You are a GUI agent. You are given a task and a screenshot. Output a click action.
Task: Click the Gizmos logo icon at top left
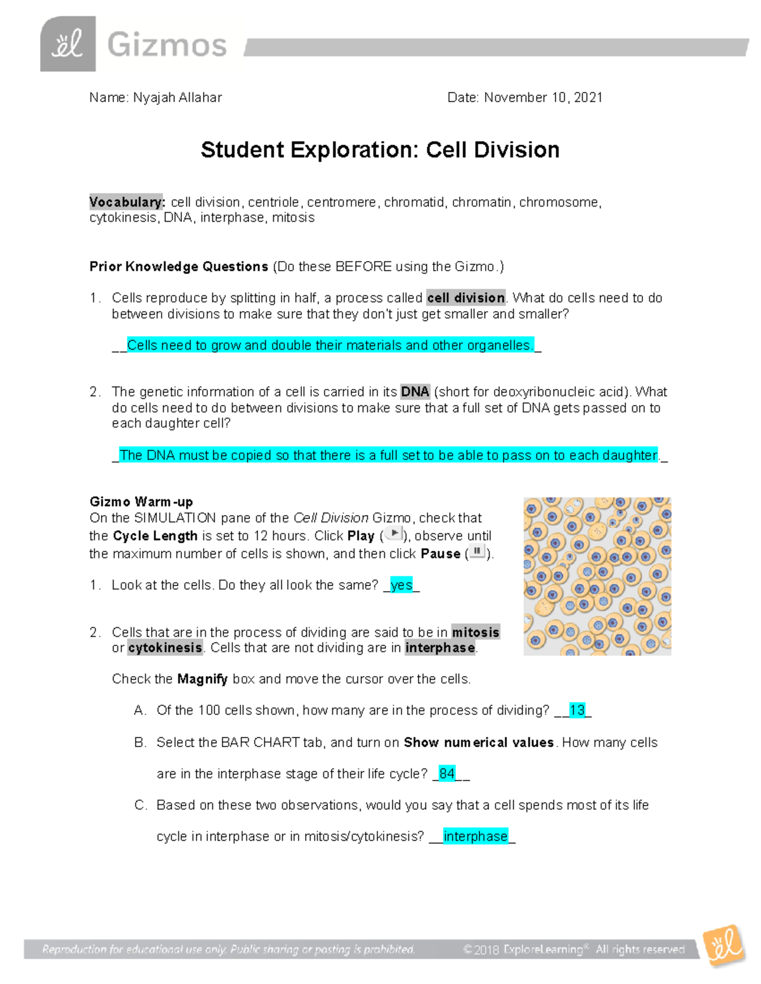click(68, 44)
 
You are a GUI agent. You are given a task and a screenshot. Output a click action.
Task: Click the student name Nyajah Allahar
click(177, 98)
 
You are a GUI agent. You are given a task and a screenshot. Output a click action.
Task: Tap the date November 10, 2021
click(543, 98)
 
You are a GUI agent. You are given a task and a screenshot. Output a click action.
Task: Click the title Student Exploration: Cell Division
click(380, 150)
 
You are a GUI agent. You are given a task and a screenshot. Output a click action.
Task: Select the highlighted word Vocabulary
click(127, 202)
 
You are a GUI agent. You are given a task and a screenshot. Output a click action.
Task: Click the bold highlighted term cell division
click(465, 298)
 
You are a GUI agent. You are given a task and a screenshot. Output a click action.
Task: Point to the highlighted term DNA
click(415, 392)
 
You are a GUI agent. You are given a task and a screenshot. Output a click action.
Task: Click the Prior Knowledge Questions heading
click(179, 267)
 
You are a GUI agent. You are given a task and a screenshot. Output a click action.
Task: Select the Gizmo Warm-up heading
click(141, 502)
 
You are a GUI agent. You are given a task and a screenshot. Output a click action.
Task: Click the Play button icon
click(394, 534)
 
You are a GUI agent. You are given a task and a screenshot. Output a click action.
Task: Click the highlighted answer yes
click(401, 585)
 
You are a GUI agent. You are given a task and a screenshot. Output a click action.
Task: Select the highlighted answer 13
click(577, 710)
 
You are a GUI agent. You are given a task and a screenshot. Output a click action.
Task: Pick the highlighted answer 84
click(447, 774)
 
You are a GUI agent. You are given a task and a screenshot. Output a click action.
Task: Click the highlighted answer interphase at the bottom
click(476, 836)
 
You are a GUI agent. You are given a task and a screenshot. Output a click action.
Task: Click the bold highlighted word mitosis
click(475, 632)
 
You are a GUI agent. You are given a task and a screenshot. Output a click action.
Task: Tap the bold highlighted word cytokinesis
click(165, 648)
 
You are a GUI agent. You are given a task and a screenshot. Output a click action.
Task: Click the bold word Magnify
click(202, 679)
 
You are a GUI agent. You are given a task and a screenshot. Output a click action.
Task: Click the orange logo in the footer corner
click(724, 945)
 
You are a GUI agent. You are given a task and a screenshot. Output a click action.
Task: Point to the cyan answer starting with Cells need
click(330, 345)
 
